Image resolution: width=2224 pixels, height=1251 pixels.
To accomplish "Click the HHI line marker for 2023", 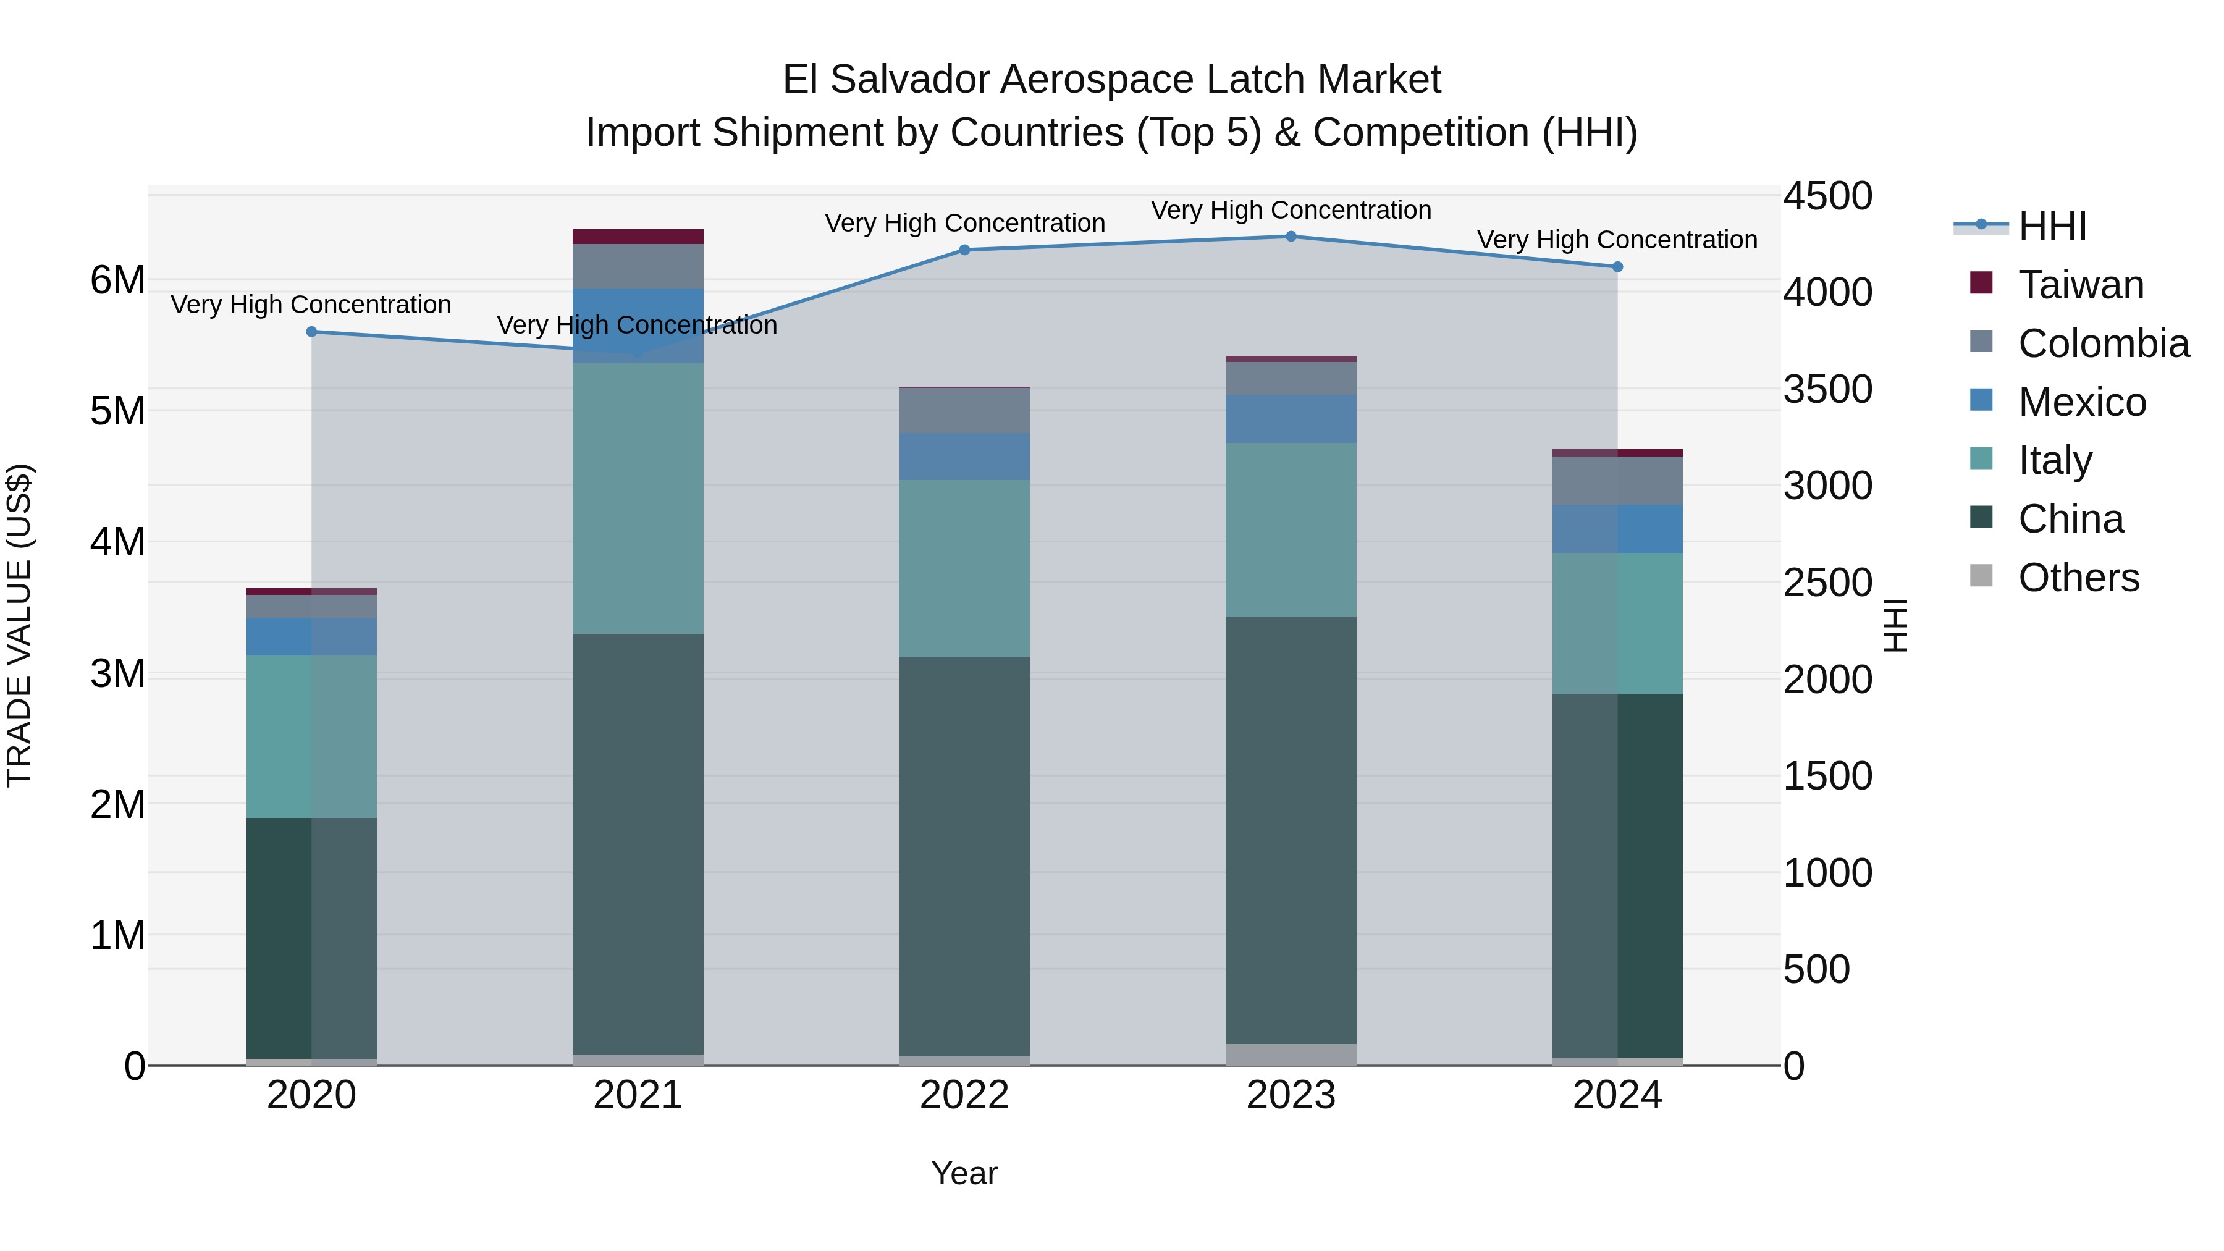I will tap(1291, 237).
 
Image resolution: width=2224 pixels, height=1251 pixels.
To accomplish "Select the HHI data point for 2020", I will tap(312, 332).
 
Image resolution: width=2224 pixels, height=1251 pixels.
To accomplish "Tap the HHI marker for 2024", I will tap(1617, 267).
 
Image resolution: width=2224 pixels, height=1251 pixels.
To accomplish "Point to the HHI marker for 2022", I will tap(964, 250).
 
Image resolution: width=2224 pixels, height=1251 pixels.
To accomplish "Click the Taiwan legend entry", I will tap(2080, 285).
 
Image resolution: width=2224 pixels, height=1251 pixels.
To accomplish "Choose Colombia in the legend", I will tap(2102, 343).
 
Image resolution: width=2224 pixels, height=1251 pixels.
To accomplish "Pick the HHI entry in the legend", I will tap(2051, 226).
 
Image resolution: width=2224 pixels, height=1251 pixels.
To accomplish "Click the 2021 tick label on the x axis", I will tap(638, 1095).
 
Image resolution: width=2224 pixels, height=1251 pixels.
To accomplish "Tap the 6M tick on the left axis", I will tap(118, 280).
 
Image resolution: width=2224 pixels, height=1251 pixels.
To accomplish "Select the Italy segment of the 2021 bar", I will tap(638, 498).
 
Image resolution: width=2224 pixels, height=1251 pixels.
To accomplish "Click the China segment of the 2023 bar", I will tap(1291, 829).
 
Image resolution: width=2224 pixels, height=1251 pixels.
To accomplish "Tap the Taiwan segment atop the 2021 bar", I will tap(638, 237).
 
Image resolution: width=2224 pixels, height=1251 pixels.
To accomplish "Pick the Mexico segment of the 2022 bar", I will tap(964, 457).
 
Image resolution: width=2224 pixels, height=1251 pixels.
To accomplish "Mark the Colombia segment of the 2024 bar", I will tap(1617, 481).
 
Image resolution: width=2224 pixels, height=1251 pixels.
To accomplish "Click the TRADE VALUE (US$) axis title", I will tap(19, 625).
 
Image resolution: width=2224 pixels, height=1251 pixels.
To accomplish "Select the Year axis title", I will tap(964, 1173).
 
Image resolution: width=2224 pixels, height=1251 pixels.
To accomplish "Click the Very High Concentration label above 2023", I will tap(1291, 210).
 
